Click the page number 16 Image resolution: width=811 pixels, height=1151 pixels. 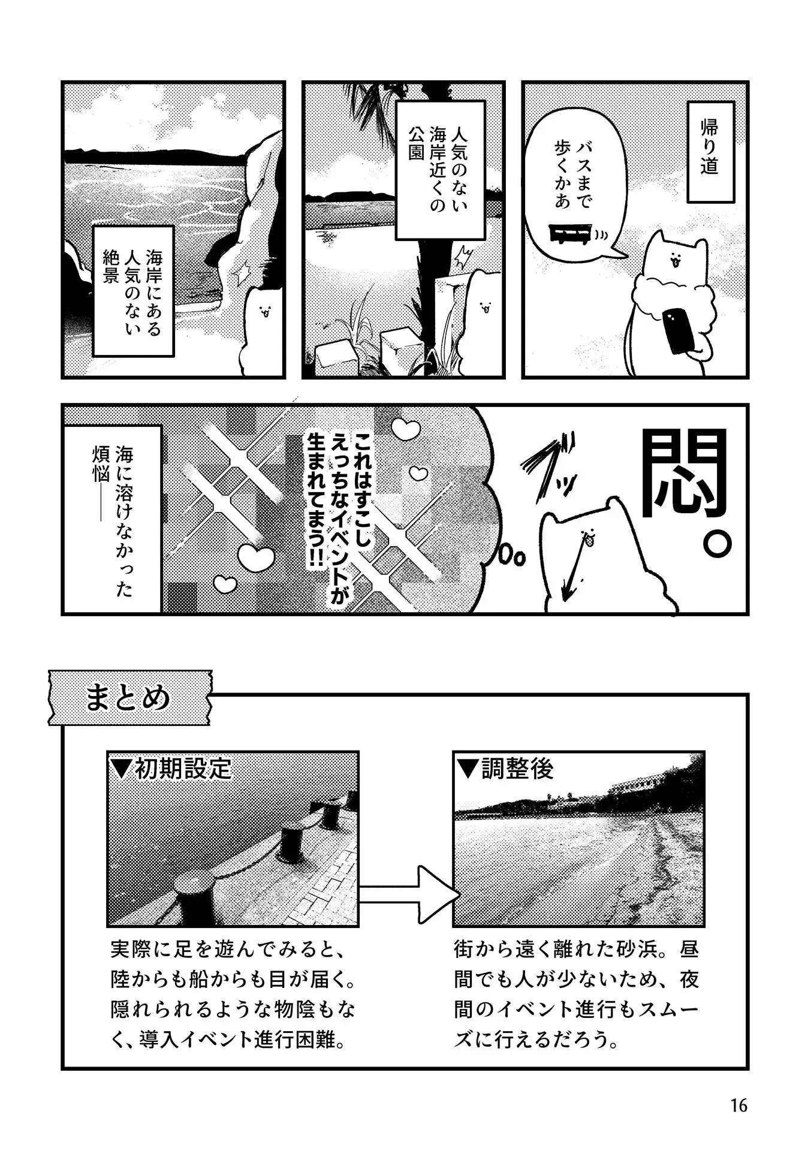(738, 1105)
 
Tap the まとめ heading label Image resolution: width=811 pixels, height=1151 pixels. (128, 698)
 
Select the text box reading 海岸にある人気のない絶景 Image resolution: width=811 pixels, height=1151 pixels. (133, 291)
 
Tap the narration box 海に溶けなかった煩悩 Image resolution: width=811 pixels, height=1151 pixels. (112, 519)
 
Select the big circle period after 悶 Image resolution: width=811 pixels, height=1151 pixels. (717, 543)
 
